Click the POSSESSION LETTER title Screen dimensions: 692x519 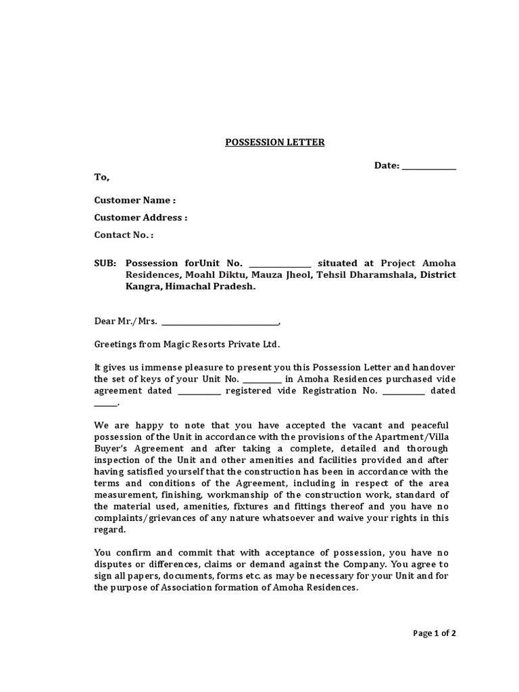tap(265, 143)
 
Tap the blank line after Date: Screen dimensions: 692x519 tap(428, 166)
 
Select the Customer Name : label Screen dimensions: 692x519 tap(134, 200)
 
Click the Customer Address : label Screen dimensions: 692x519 tap(141, 218)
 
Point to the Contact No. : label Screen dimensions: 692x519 tap(124, 235)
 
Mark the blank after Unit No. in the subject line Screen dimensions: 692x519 tap(280, 264)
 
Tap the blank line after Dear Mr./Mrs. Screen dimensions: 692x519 tap(220, 322)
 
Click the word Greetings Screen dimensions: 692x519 tap(116, 344)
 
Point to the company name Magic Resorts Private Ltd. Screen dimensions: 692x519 tap(221, 344)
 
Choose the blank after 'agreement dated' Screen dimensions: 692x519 tap(199, 391)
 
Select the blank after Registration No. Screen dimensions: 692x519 tap(403, 391)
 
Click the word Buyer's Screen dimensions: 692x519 tap(108, 449)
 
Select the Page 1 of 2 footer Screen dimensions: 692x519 tap(435, 633)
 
